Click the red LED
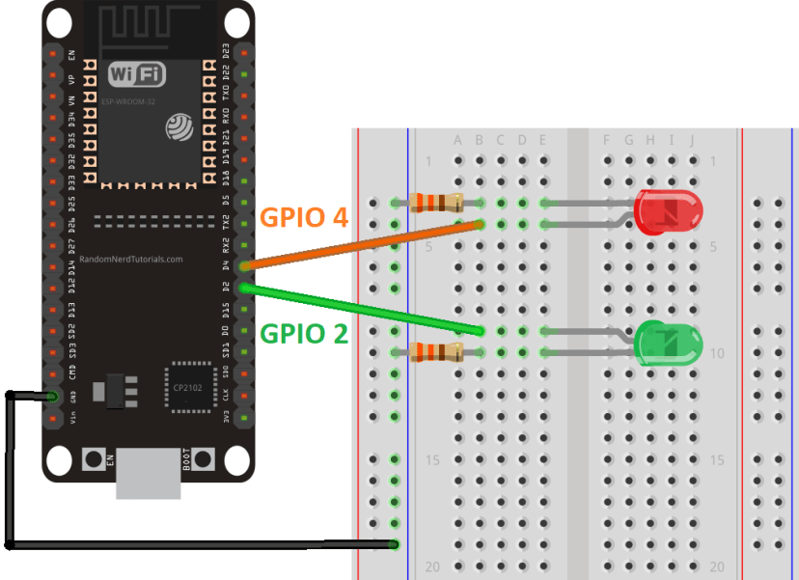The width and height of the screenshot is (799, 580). tap(669, 212)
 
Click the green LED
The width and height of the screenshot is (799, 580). tap(669, 343)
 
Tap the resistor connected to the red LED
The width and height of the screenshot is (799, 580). tap(436, 203)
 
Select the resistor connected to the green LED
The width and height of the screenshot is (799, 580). tap(436, 352)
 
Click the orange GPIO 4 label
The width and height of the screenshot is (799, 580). tap(304, 218)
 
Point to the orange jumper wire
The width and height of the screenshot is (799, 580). tap(362, 244)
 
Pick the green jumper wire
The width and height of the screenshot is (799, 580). tap(362, 309)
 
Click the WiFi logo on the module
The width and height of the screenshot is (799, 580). tap(135, 74)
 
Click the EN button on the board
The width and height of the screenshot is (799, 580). tap(95, 458)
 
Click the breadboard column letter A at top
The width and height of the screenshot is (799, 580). tap(458, 141)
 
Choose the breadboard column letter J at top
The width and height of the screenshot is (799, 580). tap(692, 141)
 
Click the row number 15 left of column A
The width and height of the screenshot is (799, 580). tap(432, 460)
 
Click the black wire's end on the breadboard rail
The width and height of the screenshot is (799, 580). tap(395, 545)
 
